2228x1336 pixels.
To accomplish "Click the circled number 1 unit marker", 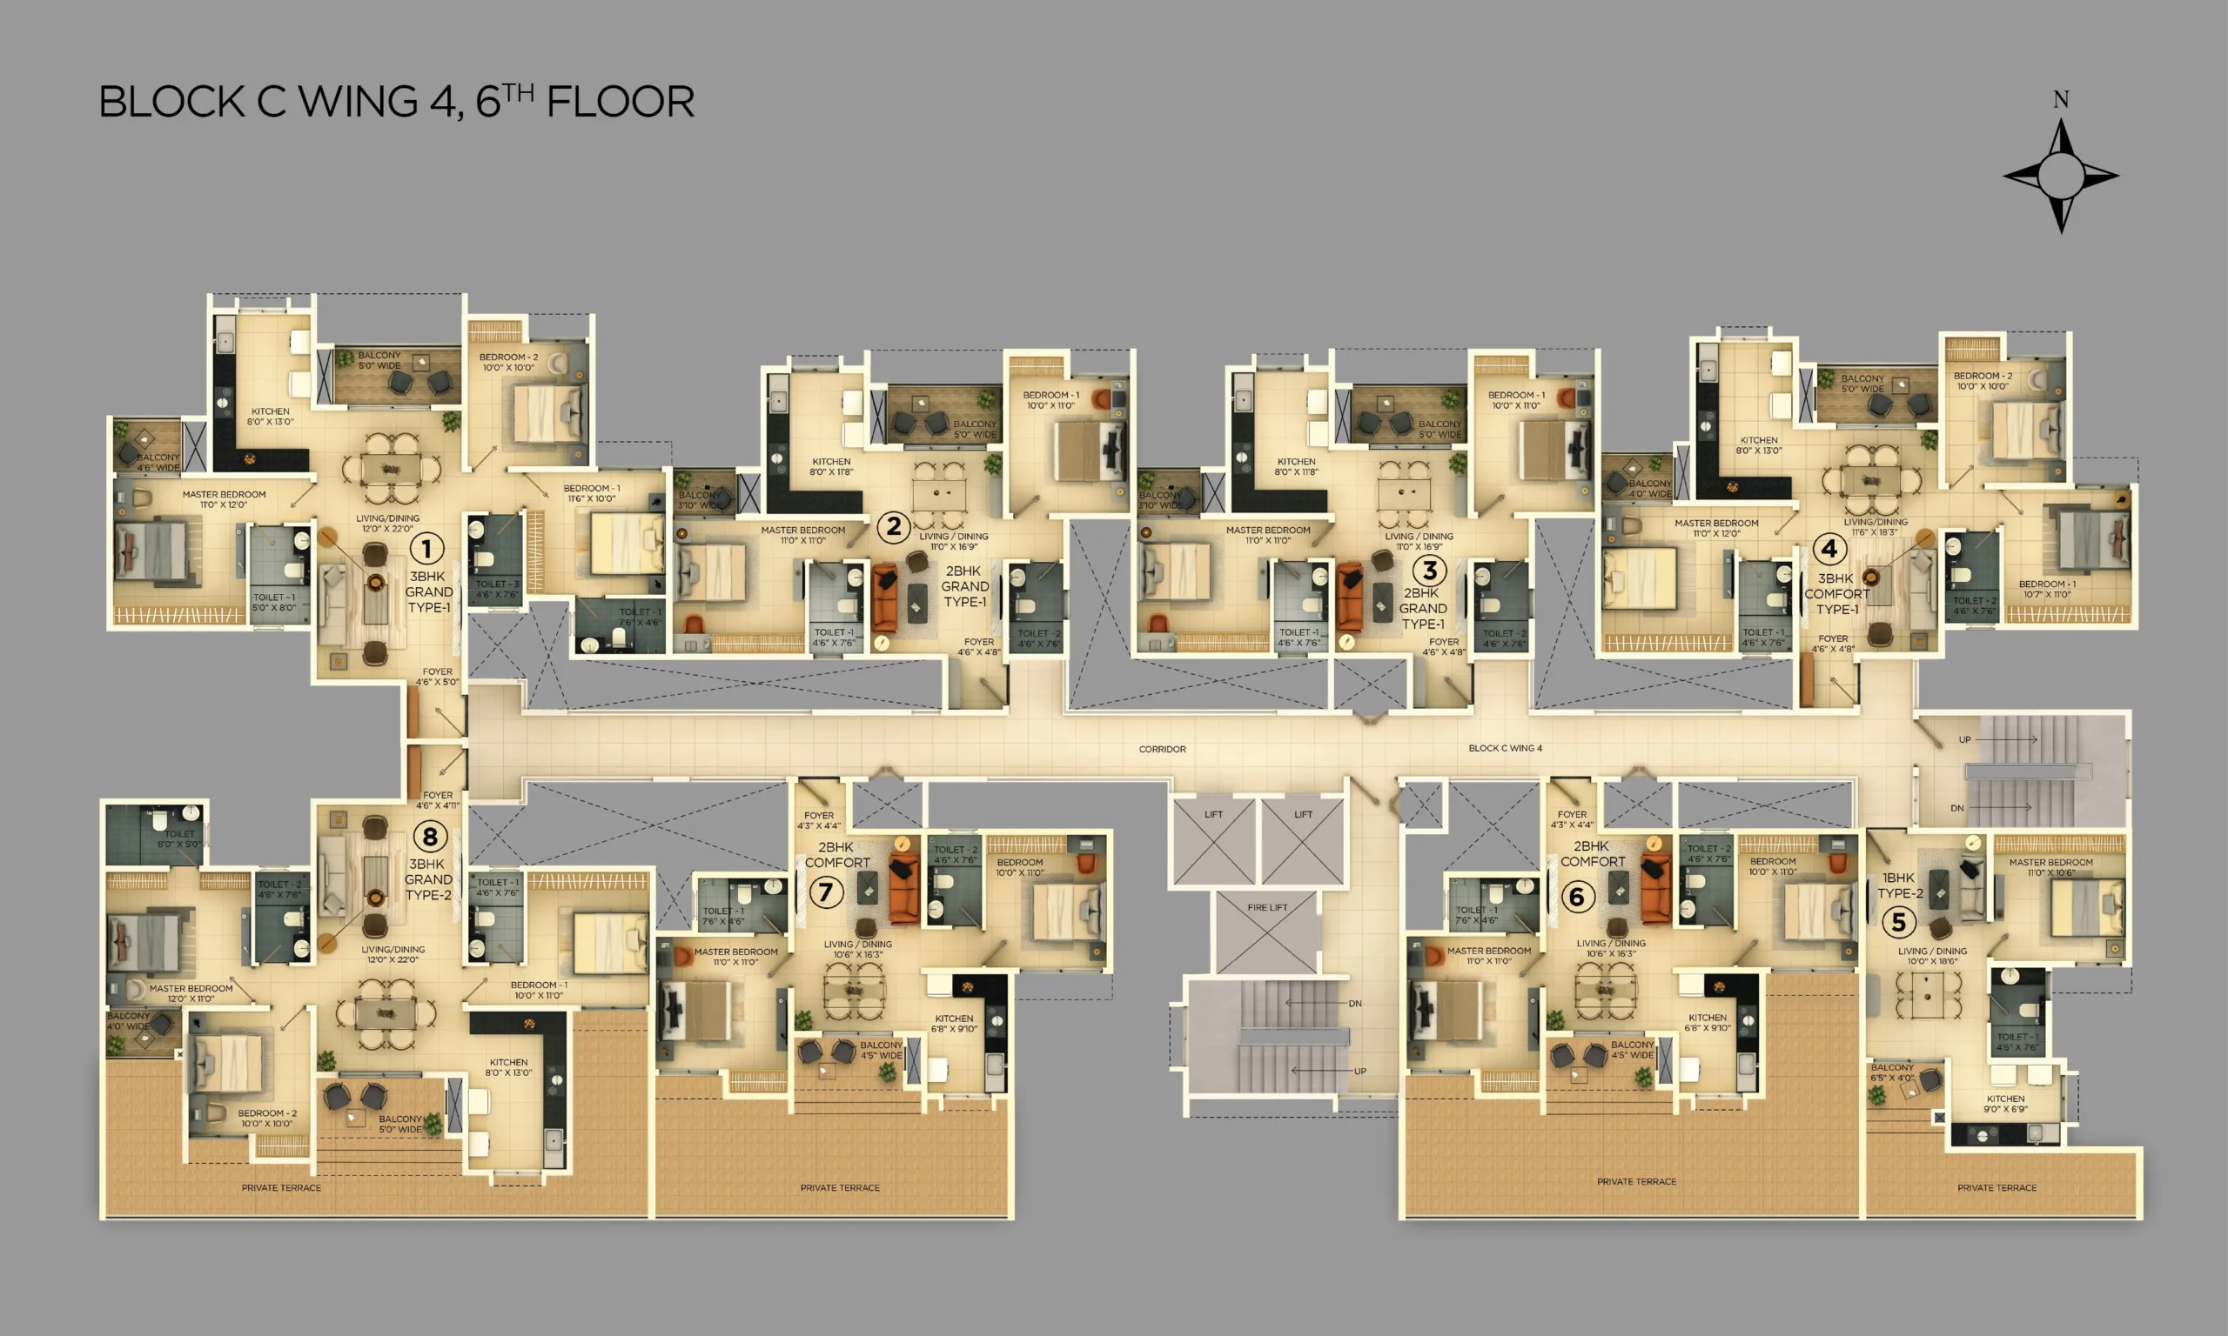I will (426, 548).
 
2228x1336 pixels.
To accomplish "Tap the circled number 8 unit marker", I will (430, 837).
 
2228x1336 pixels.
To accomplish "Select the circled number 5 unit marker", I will (1898, 921).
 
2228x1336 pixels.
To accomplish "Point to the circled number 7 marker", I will (825, 892).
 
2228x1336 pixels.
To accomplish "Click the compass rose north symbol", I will (2061, 176).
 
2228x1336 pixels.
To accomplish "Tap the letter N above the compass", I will (2061, 100).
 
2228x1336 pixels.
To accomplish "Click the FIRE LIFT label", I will (1267, 907).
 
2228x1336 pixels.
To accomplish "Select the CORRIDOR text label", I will (1162, 749).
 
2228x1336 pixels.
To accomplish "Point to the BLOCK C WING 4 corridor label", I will (1505, 748).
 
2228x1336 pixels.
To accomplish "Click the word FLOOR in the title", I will (621, 102).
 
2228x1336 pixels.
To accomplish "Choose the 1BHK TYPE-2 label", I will (1899, 885).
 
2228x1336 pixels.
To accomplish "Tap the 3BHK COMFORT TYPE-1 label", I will (1836, 594).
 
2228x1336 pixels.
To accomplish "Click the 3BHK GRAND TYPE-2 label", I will (428, 879).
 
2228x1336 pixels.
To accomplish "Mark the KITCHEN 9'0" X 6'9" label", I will (2005, 1104).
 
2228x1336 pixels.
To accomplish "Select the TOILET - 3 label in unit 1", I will (496, 589).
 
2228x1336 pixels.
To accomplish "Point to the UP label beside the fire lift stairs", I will (1359, 1072).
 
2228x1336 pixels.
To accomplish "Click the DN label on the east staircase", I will (1957, 808).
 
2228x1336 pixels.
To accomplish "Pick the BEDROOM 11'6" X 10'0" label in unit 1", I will (591, 493).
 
